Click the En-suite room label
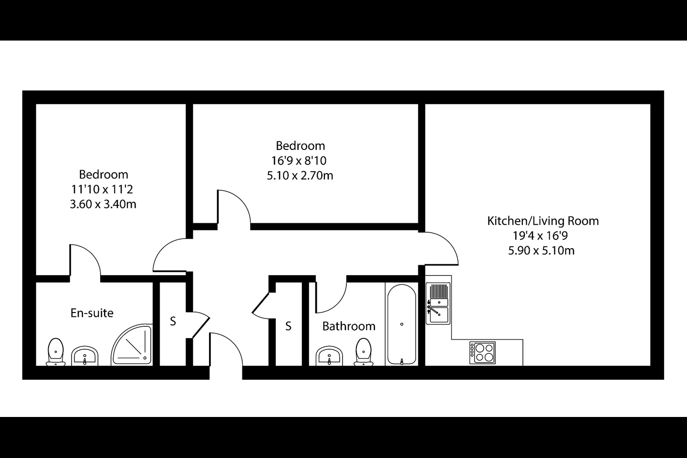tap(92, 313)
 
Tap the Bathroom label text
tap(349, 326)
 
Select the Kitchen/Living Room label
tap(543, 221)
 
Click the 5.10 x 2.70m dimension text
tap(300, 176)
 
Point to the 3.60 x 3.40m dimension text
tap(103, 204)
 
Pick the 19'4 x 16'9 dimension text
tap(541, 236)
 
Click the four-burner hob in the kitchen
tap(482, 353)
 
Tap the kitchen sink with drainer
tap(438, 303)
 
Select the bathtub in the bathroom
tap(402, 325)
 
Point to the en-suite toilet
tap(55, 352)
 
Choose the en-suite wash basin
tap(84, 356)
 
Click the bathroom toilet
tap(364, 352)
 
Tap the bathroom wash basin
tap(329, 356)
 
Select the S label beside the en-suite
tap(173, 321)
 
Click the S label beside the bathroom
tap(288, 326)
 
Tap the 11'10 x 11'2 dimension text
tap(102, 189)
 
